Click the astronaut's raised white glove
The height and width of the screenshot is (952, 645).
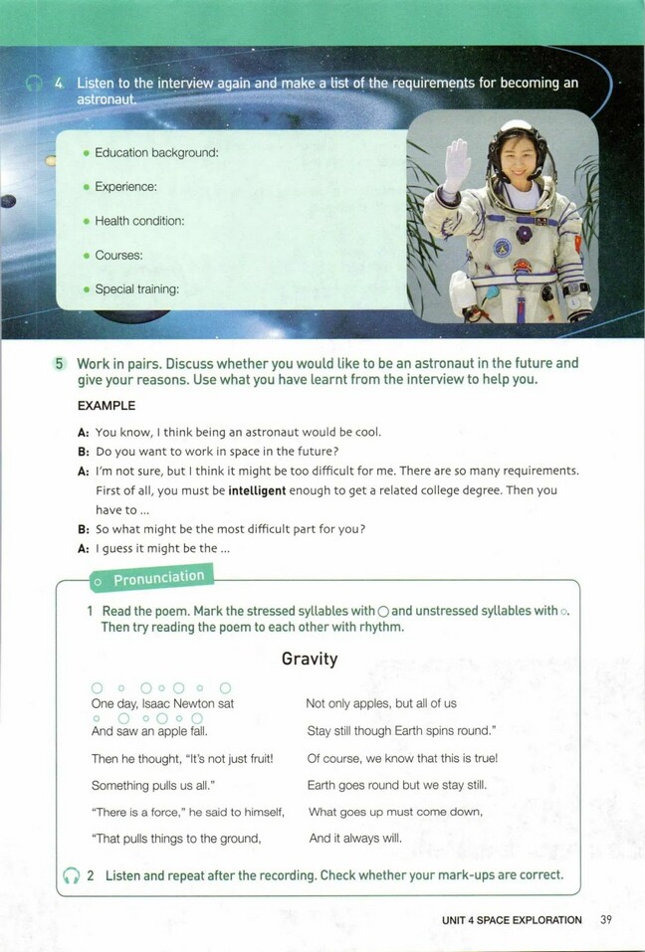pos(457,164)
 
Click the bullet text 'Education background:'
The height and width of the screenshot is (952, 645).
pos(156,152)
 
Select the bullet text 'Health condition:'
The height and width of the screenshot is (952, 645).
pos(139,221)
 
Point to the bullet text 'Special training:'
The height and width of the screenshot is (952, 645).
pos(136,289)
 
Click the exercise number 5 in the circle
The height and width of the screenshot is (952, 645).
pos(59,364)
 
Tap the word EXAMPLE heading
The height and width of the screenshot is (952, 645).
pos(106,406)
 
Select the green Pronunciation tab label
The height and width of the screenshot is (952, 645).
pos(158,578)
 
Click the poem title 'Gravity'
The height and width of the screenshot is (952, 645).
pos(310,659)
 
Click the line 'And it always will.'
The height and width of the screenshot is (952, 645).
pos(355,839)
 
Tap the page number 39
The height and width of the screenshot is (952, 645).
pos(606,920)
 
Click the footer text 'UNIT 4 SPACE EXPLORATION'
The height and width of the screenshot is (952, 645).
pos(512,920)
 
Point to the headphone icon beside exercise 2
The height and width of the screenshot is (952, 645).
pos(71,875)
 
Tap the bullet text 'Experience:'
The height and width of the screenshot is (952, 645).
pos(125,187)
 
